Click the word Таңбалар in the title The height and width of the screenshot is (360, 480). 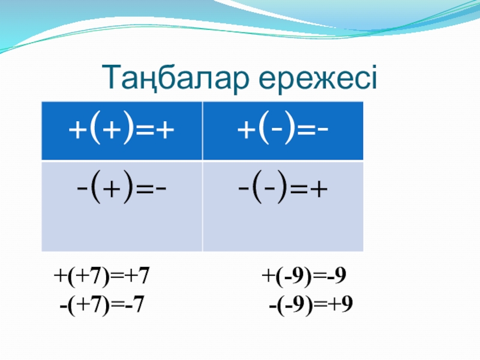click(175, 78)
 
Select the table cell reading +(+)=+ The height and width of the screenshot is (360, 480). click(122, 131)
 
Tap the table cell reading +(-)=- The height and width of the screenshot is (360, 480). click(283, 131)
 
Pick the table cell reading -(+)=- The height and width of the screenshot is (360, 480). click(122, 206)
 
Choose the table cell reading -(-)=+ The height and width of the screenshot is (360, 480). click(283, 206)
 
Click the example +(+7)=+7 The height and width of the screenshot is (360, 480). click(101, 277)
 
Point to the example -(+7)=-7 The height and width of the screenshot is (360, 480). click(102, 305)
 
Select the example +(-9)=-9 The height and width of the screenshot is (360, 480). click(304, 277)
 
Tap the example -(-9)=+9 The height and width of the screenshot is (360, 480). click(311, 305)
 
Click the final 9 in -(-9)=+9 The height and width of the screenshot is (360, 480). click(347, 304)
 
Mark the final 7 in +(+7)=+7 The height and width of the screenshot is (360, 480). click(143, 275)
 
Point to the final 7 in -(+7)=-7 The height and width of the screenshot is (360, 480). click(139, 304)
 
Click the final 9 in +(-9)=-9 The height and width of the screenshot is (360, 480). click(340, 275)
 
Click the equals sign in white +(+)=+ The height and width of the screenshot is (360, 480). click(146, 131)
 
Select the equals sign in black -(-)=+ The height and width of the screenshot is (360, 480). click(299, 189)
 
